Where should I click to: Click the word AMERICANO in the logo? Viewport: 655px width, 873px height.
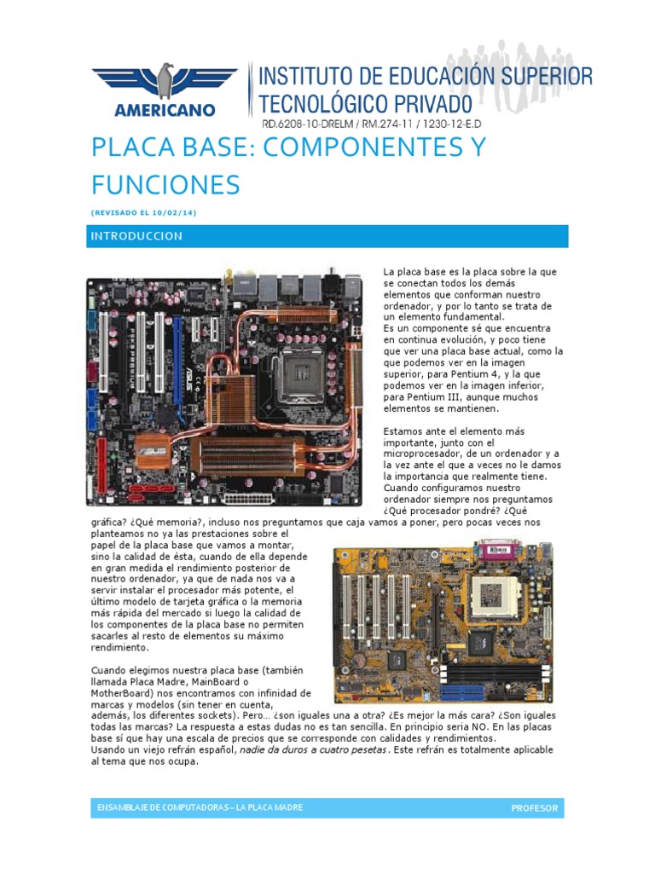pyautogui.click(x=164, y=110)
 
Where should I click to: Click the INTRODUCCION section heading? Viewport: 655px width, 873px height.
pyautogui.click(x=136, y=236)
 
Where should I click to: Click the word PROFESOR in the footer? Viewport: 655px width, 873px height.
pyautogui.click(x=534, y=808)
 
